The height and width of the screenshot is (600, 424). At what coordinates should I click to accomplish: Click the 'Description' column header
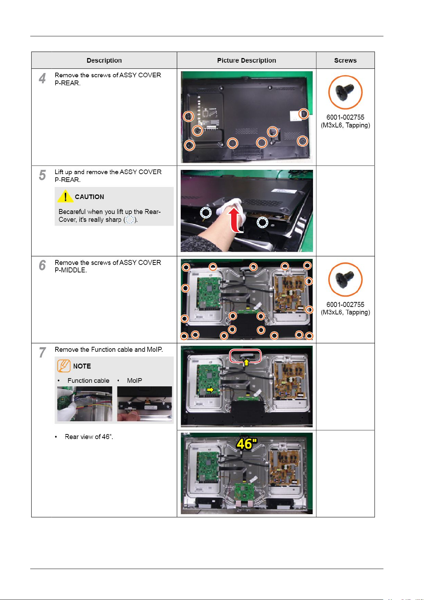click(x=104, y=61)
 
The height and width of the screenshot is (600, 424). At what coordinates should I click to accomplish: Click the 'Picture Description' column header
click(x=247, y=61)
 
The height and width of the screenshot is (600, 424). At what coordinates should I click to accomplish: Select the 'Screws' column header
click(x=345, y=61)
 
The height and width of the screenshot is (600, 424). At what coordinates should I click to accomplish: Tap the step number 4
click(x=42, y=78)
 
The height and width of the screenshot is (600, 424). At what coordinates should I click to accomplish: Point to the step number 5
click(x=42, y=175)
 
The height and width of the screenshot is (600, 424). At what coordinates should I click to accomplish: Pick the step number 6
click(x=42, y=265)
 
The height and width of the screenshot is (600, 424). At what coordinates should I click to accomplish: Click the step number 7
click(x=43, y=353)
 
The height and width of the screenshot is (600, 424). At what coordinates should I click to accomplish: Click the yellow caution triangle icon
click(x=65, y=196)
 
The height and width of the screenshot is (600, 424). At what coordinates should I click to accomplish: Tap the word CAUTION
click(x=89, y=197)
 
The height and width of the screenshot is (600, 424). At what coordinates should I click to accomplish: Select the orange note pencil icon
click(x=64, y=366)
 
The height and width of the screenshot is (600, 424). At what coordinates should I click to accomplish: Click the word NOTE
click(x=82, y=366)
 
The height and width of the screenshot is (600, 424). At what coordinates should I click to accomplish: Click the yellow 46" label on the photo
click(x=247, y=444)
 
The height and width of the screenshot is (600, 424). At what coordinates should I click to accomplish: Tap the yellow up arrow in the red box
click(x=246, y=362)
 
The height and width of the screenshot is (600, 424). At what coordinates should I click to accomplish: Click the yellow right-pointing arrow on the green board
click(x=210, y=390)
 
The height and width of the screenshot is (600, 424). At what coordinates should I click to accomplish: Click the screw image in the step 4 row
click(x=345, y=93)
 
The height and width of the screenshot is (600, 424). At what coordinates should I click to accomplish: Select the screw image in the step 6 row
click(x=345, y=280)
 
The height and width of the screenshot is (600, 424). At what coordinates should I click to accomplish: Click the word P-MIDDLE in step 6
click(x=71, y=270)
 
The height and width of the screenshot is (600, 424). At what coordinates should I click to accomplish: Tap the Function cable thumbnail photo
click(x=85, y=404)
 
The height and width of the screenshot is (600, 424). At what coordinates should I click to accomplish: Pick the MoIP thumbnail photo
click(x=144, y=404)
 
